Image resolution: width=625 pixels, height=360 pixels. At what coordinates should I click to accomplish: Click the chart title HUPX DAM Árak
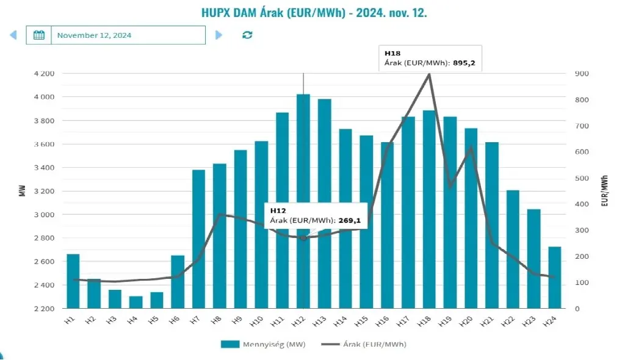314,13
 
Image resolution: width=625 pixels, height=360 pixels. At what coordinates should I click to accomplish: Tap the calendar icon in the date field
38,35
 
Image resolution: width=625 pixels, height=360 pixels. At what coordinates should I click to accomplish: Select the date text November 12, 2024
94,35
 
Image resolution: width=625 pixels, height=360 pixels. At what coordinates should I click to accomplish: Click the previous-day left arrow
13,35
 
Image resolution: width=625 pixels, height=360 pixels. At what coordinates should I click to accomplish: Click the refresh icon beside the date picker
247,35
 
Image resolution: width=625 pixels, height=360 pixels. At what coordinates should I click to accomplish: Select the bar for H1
73,281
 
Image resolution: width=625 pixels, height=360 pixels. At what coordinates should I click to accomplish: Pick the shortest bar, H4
136,302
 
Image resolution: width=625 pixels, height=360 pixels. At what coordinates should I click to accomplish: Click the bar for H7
199,244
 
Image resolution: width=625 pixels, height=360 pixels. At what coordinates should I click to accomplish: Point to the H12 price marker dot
303,238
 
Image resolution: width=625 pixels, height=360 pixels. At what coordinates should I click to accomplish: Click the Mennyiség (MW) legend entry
263,344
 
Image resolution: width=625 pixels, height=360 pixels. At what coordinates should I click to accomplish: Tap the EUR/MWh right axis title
605,190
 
